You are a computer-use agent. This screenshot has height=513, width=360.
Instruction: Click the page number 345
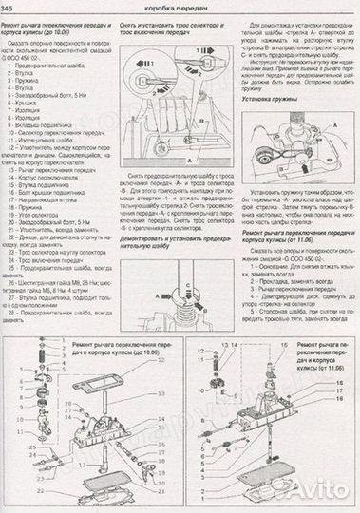click(x=12, y=9)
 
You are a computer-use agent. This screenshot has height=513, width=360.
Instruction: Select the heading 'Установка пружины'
click(x=275, y=95)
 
